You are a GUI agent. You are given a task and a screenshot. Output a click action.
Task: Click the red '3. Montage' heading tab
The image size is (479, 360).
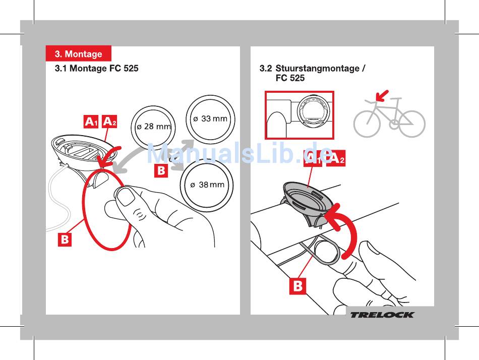[78, 54]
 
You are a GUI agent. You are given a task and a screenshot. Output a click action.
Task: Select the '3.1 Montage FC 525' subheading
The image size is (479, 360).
[96, 68]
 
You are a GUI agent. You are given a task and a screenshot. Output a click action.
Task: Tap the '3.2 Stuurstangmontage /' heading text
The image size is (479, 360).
[312, 68]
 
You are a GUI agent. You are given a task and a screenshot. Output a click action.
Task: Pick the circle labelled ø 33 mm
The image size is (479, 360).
[211, 119]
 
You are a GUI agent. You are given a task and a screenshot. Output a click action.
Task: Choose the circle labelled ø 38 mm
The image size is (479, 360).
[208, 185]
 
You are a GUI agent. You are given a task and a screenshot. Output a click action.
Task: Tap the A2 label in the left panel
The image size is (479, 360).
[110, 122]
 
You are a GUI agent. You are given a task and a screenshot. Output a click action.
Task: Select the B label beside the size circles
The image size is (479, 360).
[161, 170]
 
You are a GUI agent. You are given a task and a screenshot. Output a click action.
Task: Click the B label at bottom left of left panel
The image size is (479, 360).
[64, 239]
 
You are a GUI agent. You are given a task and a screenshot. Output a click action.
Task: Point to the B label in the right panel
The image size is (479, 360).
[298, 286]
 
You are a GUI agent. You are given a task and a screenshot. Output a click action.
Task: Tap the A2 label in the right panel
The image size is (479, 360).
[336, 159]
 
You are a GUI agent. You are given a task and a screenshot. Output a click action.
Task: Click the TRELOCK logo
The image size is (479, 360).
[382, 315]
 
